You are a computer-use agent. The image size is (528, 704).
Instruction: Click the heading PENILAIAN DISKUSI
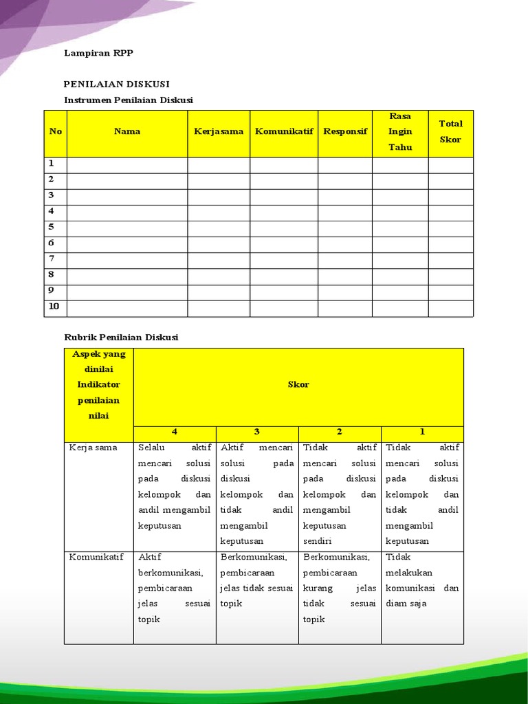point(116,84)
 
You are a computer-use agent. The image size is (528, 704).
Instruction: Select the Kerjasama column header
point(219,131)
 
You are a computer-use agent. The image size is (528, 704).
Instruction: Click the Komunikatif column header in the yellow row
point(284,131)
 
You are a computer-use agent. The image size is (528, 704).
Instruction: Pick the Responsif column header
point(345,131)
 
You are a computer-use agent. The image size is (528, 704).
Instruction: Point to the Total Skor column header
point(451,131)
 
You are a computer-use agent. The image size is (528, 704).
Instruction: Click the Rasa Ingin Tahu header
point(400,131)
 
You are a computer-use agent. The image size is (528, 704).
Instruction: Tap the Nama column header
point(127,131)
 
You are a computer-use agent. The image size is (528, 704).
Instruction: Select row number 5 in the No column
point(52,227)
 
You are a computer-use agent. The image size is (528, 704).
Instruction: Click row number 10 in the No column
point(54,306)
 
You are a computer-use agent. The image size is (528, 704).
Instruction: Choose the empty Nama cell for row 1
point(127,164)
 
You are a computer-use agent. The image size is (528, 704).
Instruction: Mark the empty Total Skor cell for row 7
point(451,259)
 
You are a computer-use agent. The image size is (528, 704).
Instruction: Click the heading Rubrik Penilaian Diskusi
point(121,337)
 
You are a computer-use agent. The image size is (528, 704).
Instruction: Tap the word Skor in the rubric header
point(298,384)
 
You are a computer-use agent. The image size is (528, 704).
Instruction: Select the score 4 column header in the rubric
point(175,432)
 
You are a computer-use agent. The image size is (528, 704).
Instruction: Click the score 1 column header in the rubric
point(422,432)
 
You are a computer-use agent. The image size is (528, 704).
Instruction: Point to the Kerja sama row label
point(93,448)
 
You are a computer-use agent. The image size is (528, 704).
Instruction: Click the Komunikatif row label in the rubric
point(96,557)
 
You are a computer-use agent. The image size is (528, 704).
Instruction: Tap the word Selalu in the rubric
point(152,448)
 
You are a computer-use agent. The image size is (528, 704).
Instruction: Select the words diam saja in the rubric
point(406,604)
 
